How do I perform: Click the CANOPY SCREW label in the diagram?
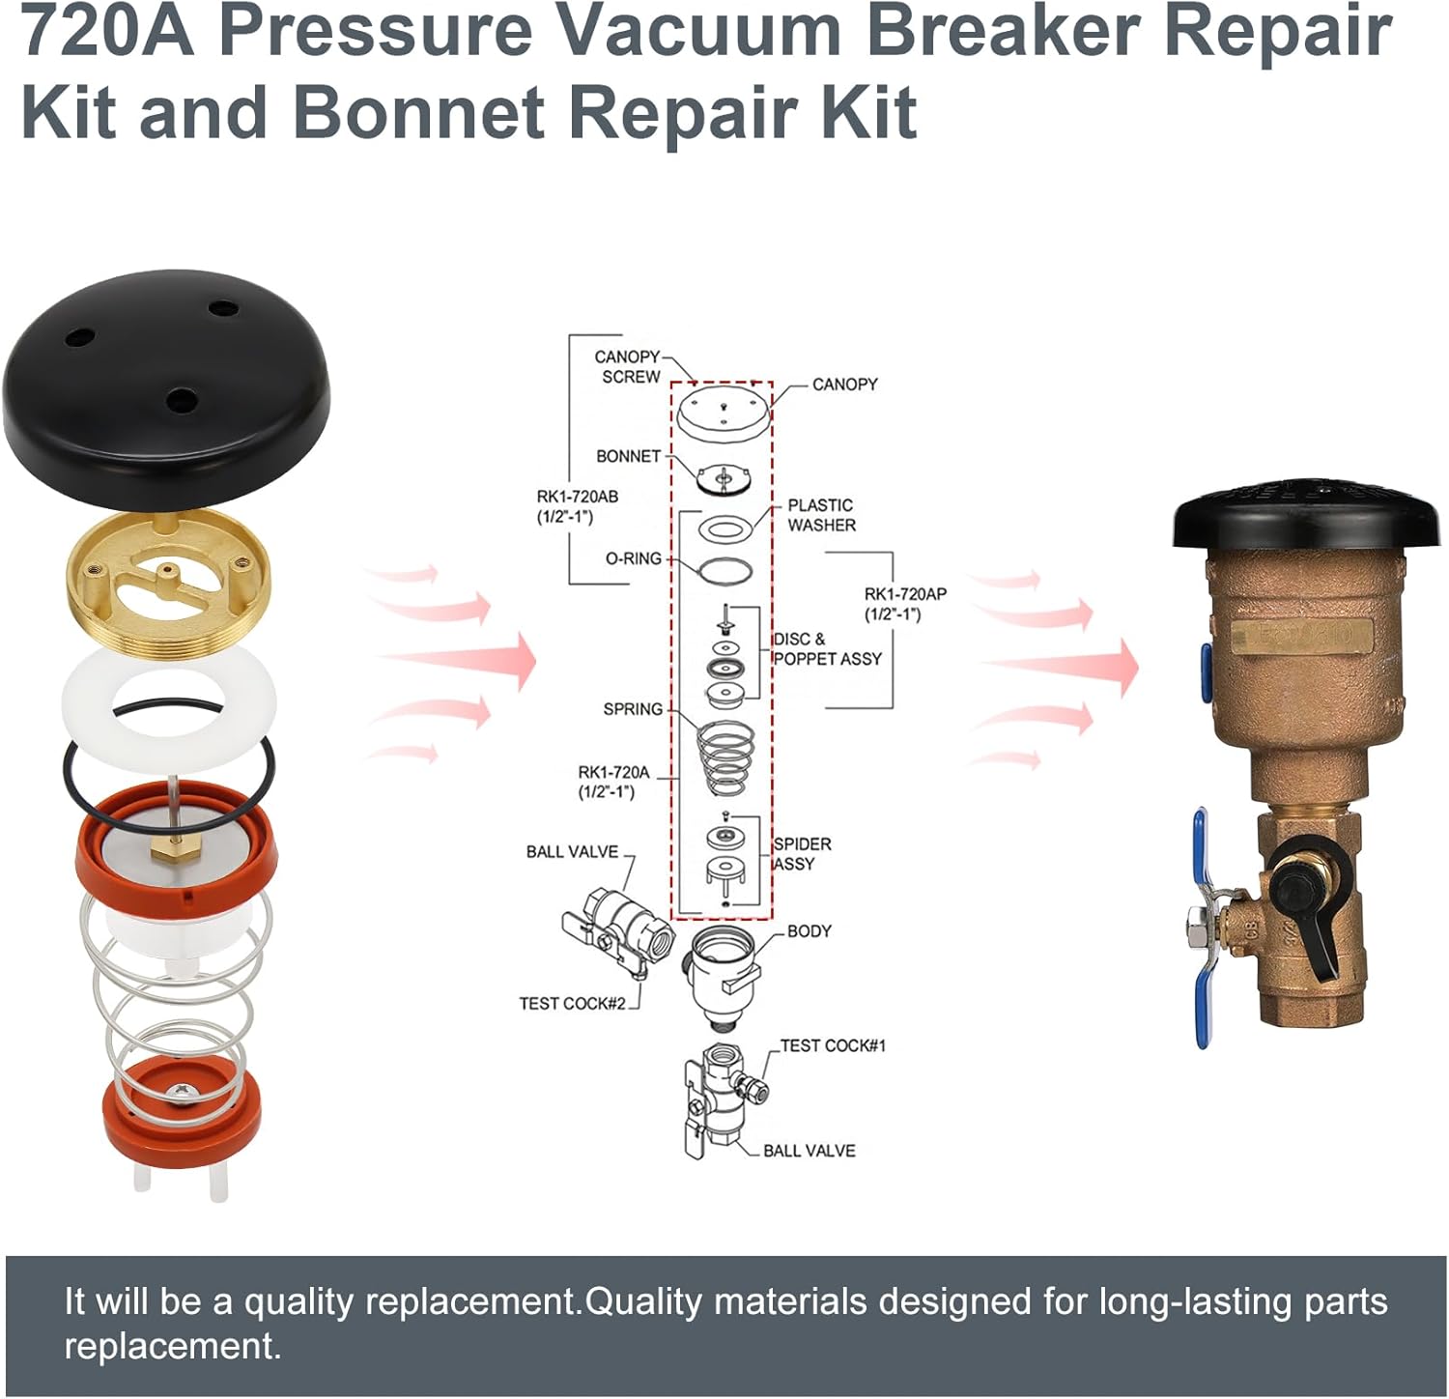tap(628, 367)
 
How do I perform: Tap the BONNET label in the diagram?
tap(628, 456)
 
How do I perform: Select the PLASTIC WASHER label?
tap(821, 515)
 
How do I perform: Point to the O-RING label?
tap(633, 558)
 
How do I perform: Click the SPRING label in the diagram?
tap(633, 709)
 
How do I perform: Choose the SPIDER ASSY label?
tap(802, 854)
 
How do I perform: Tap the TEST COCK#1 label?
tap(833, 1045)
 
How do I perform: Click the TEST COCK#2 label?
tap(572, 1003)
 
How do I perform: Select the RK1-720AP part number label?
tap(905, 604)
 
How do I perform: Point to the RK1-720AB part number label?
tap(577, 506)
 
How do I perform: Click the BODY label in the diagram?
tap(809, 931)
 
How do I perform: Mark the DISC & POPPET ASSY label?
tap(827, 649)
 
